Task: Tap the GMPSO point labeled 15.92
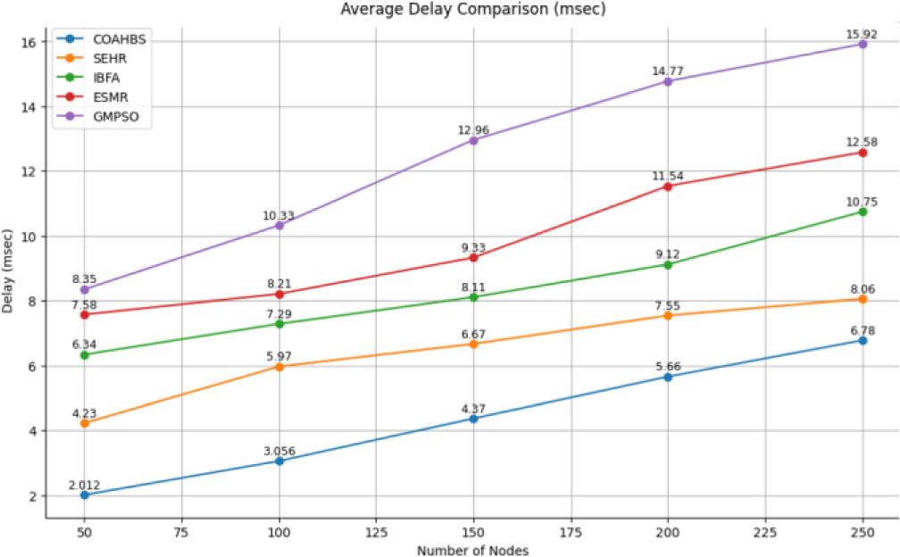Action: click(x=862, y=44)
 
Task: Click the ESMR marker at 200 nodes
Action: click(x=668, y=186)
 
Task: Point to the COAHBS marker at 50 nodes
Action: click(x=84, y=495)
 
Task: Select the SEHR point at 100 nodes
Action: click(x=279, y=366)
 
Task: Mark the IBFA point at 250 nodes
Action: click(x=862, y=212)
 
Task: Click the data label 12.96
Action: click(x=473, y=129)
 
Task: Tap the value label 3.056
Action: click(x=279, y=450)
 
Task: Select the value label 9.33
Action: click(x=473, y=246)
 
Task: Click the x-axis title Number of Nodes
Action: click(x=474, y=550)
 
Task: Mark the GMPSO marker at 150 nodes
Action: click(x=473, y=140)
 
